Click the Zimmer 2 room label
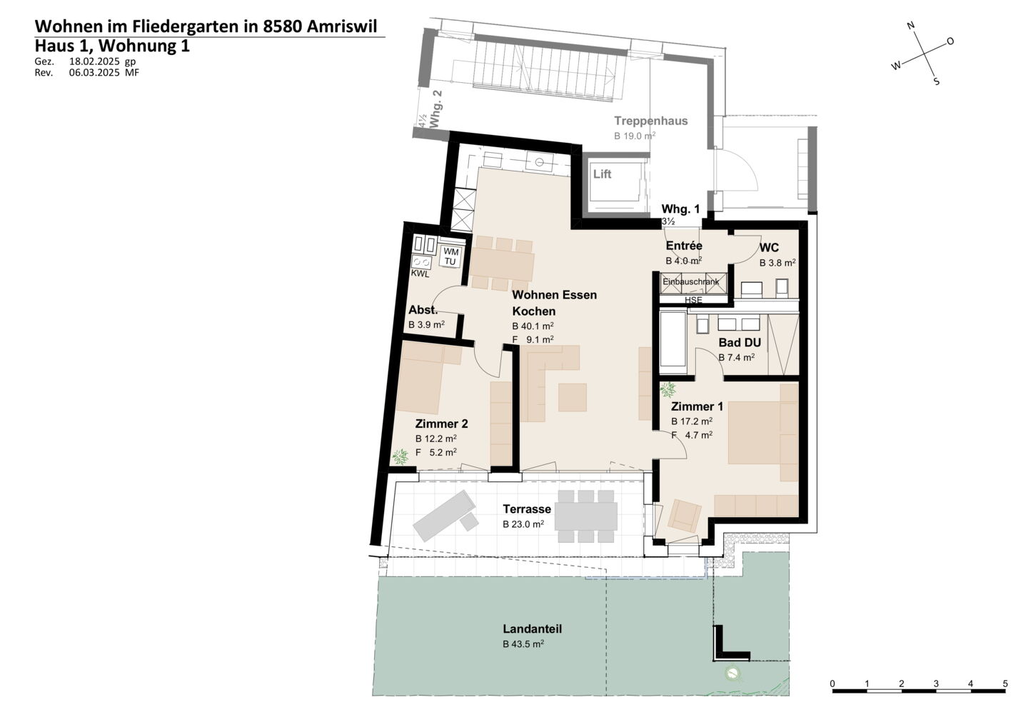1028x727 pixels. point(441,423)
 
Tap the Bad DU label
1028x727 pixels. point(740,342)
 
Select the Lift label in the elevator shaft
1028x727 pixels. point(602,174)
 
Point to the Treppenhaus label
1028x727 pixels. point(651,121)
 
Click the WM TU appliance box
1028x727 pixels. point(450,256)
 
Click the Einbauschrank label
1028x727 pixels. point(691,282)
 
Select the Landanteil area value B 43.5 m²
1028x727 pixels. point(523,644)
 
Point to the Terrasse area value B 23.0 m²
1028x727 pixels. point(523,524)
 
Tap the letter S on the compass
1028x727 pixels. point(936,81)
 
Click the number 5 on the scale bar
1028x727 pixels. point(1005,683)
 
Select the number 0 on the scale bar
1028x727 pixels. point(832,683)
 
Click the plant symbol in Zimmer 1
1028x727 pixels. point(667,389)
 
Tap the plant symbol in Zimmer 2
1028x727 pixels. point(400,456)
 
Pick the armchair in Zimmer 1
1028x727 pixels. point(685,516)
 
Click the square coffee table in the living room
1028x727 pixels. point(573,398)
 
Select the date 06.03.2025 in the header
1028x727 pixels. point(94,73)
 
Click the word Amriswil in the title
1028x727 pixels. point(342,26)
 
